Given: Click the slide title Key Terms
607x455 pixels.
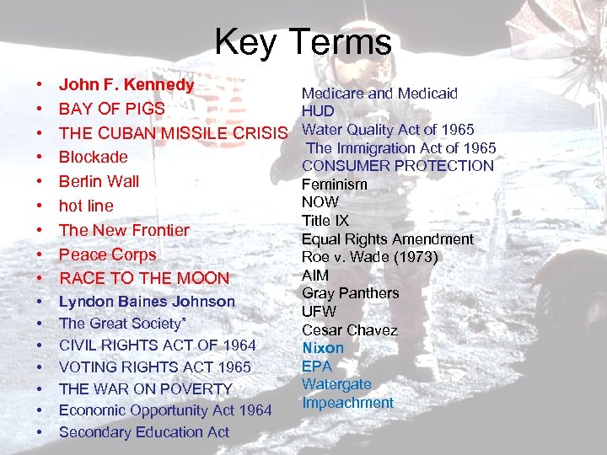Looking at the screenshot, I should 303,41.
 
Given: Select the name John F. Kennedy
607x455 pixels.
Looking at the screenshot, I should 126,85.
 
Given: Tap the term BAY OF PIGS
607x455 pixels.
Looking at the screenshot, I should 111,109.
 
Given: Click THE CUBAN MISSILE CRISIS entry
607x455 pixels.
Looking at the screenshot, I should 174,133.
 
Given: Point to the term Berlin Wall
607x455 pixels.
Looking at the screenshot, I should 99,181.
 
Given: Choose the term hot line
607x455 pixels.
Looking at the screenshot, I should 85,206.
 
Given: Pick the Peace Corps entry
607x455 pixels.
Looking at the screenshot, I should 107,254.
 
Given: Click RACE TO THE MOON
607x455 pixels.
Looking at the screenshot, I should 143,278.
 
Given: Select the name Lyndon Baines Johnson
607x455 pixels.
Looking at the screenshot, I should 147,302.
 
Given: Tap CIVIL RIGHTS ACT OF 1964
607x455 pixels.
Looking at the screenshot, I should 157,345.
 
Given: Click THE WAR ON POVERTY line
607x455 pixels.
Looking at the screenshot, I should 145,388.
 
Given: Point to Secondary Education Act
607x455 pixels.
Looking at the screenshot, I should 143,432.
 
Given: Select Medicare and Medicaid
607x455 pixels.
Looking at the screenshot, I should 379,94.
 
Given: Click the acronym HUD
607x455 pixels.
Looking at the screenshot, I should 318,111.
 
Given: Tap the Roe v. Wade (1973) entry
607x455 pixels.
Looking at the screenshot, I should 369,257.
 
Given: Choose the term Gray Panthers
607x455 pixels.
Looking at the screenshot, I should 350,293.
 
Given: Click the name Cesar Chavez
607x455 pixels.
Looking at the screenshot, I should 349,330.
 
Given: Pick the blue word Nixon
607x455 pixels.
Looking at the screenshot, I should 323,348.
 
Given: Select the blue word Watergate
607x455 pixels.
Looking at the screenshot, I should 336,384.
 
